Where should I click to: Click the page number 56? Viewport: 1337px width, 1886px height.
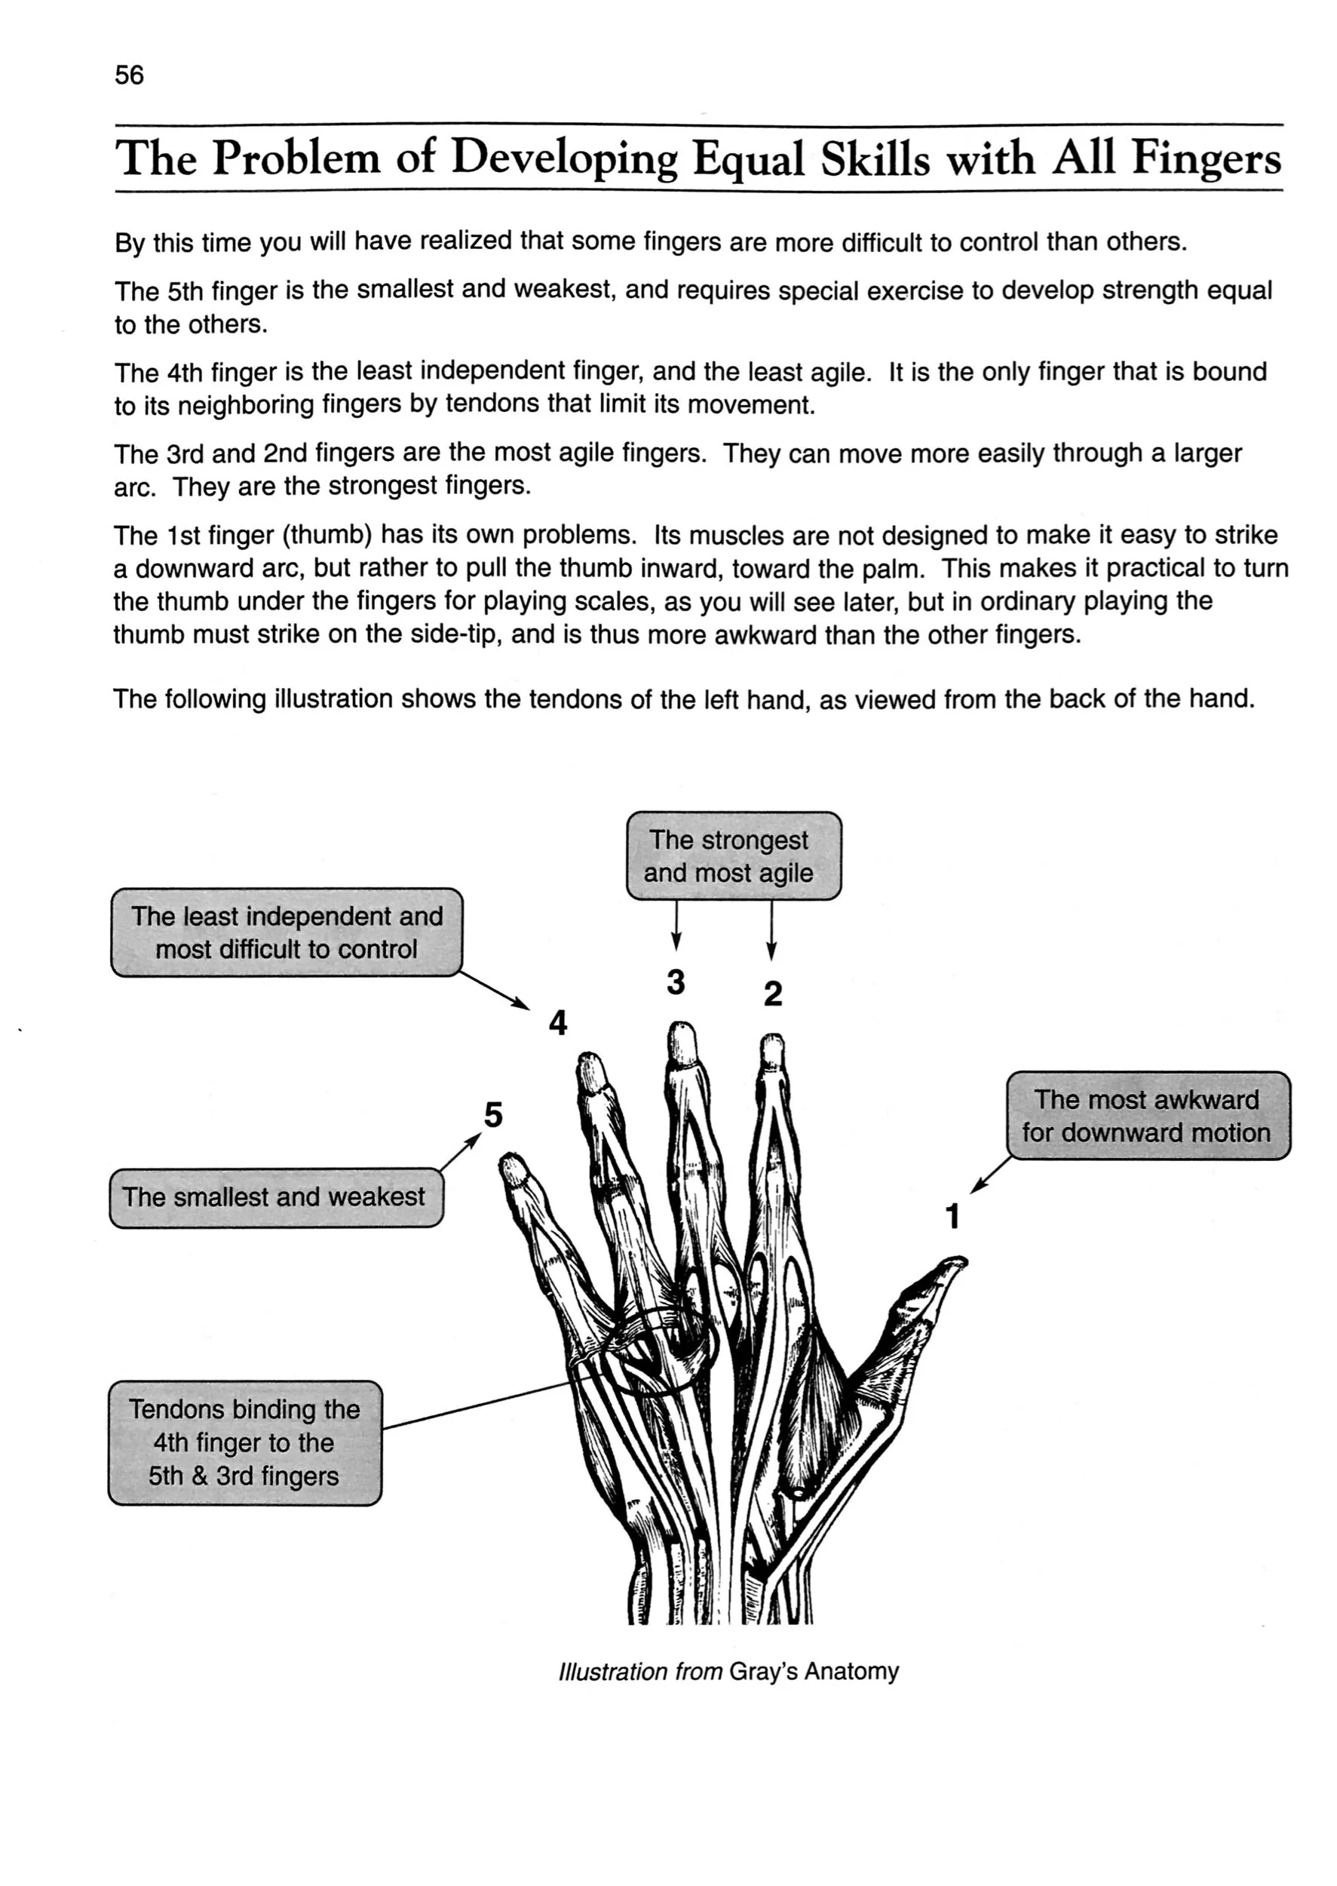pyautogui.click(x=129, y=75)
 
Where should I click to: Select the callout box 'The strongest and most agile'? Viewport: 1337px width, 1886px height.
pyautogui.click(x=734, y=855)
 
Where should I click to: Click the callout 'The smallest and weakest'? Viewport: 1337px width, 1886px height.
pyautogui.click(x=275, y=1196)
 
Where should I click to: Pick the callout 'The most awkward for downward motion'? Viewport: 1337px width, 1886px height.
pyautogui.click(x=1148, y=1116)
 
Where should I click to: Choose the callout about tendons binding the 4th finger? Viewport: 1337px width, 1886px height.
pyautogui.click(x=244, y=1443)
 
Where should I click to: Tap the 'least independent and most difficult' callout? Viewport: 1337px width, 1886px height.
pyautogui.click(x=287, y=932)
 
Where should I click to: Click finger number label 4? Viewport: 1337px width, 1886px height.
pyautogui.click(x=558, y=1024)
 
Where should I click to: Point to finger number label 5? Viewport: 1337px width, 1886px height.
pyautogui.click(x=493, y=1115)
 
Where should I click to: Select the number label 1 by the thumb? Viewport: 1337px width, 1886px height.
pyautogui.click(x=953, y=1216)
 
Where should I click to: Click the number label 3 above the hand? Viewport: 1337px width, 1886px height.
pyautogui.click(x=676, y=981)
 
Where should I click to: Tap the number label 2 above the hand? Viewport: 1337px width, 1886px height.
pyautogui.click(x=772, y=994)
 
